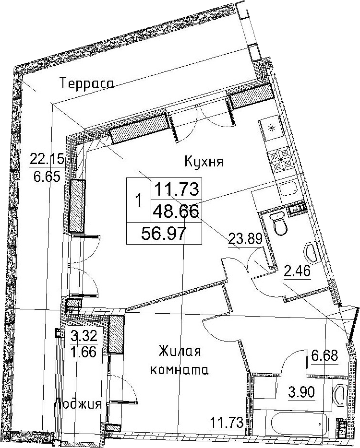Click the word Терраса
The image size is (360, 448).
(x=87, y=84)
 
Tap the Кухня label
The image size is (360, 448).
(x=204, y=162)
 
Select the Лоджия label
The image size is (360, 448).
(x=77, y=404)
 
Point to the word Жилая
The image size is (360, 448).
(x=180, y=351)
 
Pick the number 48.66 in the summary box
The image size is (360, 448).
(x=176, y=212)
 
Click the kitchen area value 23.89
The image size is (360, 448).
(x=245, y=238)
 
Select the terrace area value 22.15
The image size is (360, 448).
(x=47, y=159)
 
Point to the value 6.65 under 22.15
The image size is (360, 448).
(x=47, y=177)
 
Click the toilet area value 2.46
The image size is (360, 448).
(x=297, y=271)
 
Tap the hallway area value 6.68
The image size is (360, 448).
(x=324, y=356)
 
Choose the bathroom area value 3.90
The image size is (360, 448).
(x=300, y=392)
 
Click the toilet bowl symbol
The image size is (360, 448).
(x=279, y=223)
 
